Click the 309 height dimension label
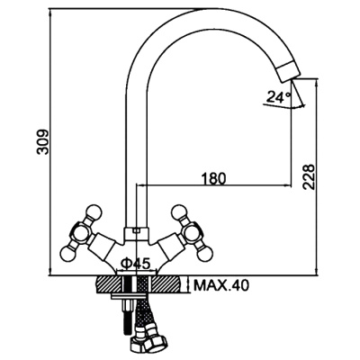(42, 142)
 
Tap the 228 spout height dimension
(308, 176)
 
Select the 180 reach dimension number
(213, 179)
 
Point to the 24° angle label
(278, 97)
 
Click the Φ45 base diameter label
(135, 264)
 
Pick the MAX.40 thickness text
(221, 285)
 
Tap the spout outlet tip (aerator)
(288, 71)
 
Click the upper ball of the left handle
(94, 212)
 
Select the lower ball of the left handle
(67, 253)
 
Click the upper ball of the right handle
(179, 211)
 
